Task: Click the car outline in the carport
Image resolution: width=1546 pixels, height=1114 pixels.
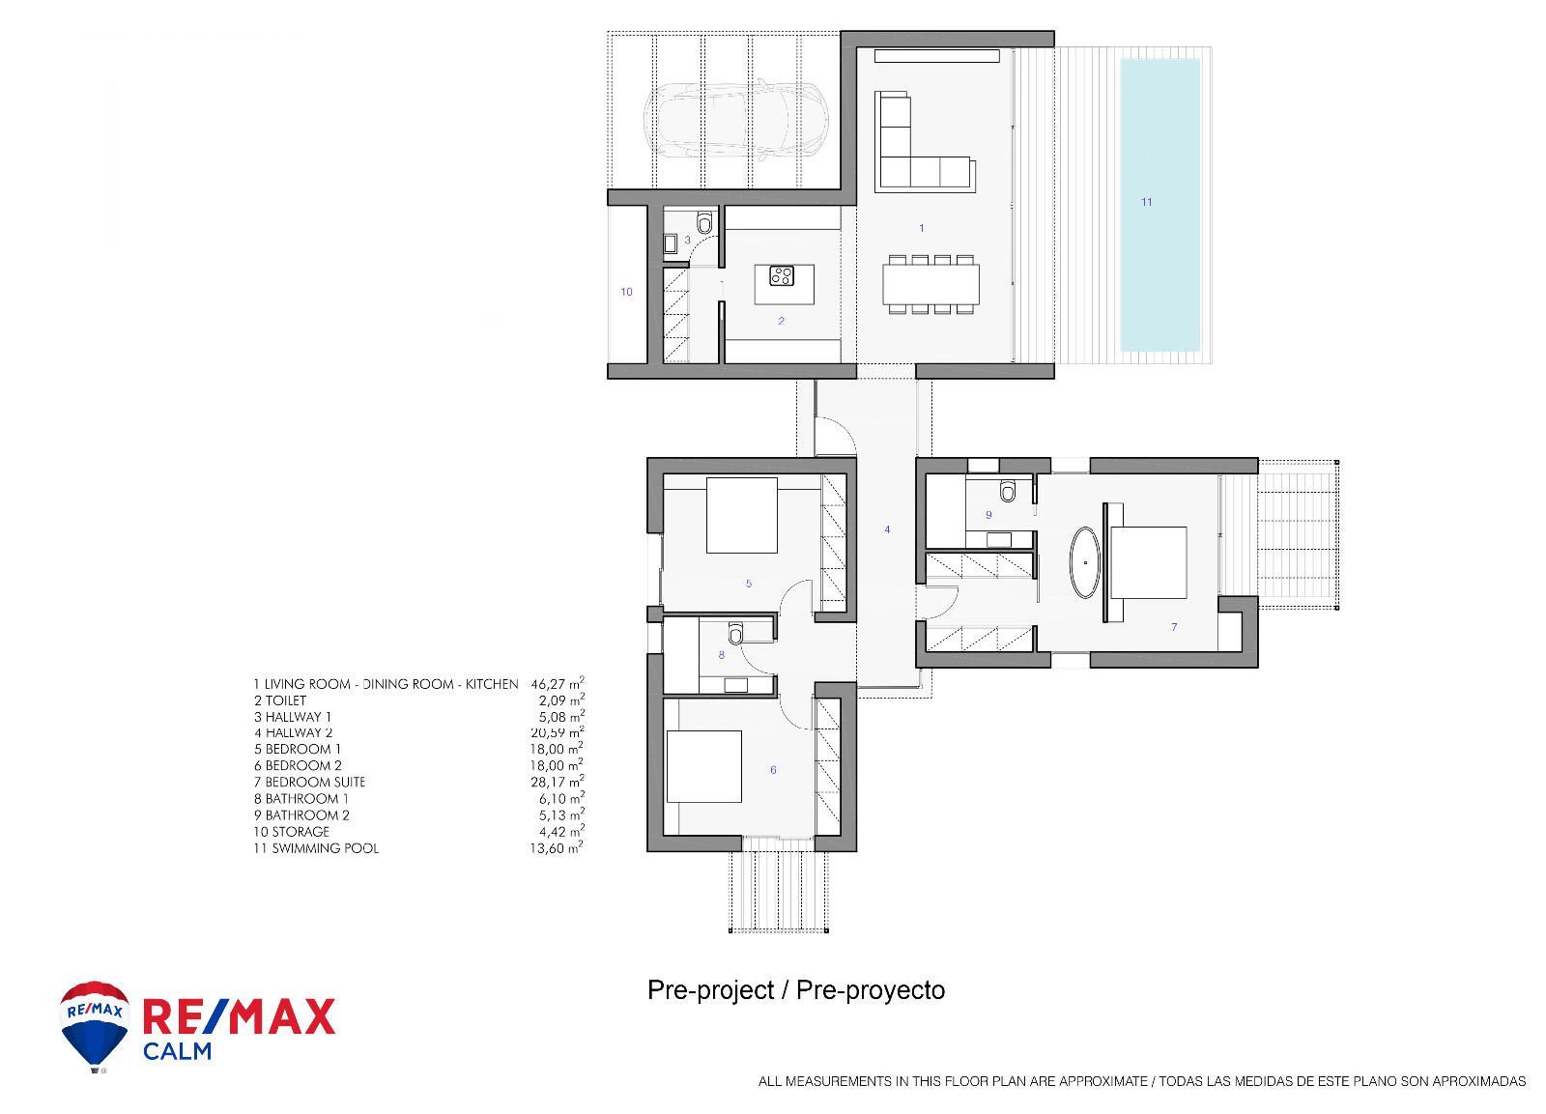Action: coord(736,122)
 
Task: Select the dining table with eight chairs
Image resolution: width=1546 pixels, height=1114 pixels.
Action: coord(930,284)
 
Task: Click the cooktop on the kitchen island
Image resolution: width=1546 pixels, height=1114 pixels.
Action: coord(782,276)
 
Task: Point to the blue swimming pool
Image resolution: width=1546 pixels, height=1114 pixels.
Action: coord(1159,205)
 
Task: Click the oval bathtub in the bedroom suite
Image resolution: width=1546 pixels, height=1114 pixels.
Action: coord(1085,561)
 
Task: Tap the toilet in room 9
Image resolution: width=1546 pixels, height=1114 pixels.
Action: coord(1009,492)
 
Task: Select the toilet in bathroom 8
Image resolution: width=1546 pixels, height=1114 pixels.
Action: coord(736,633)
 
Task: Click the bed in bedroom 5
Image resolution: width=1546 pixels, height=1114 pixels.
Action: coord(742,515)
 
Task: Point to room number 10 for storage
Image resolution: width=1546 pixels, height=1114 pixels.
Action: coord(626,292)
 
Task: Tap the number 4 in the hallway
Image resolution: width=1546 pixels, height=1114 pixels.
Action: coord(887,529)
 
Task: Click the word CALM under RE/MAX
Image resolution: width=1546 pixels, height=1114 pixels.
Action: coord(177,1050)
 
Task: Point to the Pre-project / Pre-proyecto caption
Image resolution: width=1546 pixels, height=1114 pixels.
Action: coord(796,990)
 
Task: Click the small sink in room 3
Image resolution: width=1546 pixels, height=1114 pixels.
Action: coord(671,243)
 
